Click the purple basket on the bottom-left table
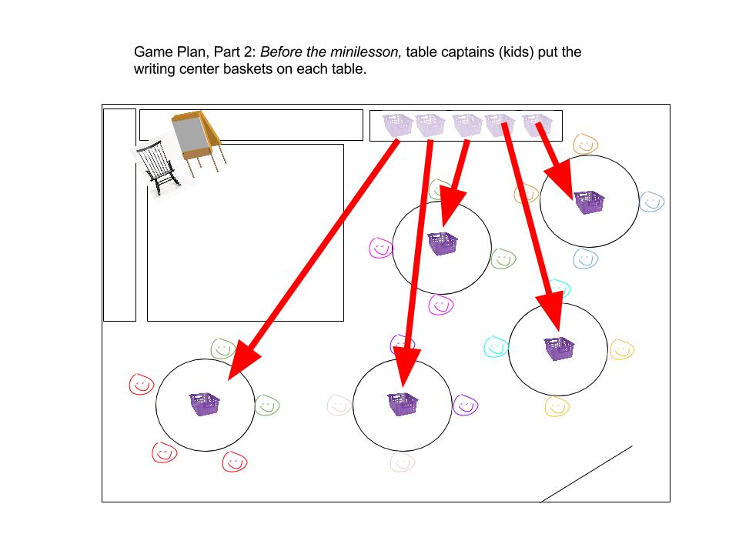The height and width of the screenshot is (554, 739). pos(205,404)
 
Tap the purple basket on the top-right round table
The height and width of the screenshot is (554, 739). pos(589,202)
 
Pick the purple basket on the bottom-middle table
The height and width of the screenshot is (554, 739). pos(402,404)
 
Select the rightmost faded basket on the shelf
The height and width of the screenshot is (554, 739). pos(537,125)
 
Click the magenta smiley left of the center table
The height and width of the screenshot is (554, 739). pos(381,248)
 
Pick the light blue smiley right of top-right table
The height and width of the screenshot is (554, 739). pos(651,202)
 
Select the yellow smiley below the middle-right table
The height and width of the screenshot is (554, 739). pos(556,405)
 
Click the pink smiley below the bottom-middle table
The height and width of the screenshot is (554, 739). pos(401,461)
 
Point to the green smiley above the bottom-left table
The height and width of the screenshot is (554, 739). pos(222,349)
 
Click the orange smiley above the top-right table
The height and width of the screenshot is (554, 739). pos(585,144)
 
